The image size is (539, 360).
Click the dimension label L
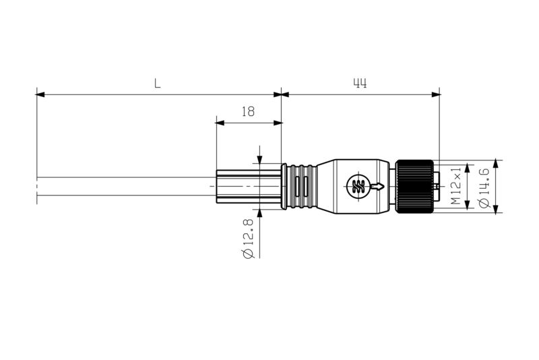157,84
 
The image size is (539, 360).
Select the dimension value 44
360,84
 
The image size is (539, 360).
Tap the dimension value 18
248,112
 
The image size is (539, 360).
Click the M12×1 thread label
456,187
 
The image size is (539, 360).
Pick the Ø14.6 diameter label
483,187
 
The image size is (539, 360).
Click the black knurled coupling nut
414,187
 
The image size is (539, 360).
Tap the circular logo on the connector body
357,186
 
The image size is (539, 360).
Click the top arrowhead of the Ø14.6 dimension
497,163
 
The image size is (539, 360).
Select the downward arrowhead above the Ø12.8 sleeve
259,159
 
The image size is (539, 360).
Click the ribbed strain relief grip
300,187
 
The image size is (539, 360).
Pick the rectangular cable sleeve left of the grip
248,186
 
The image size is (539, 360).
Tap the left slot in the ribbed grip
296,187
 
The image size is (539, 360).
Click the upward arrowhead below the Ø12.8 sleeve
259,214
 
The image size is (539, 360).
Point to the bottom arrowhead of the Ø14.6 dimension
497,210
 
